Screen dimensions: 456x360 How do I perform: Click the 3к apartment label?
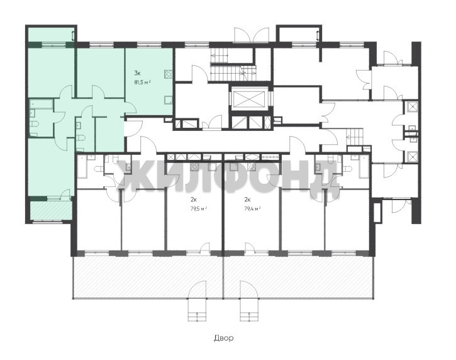coord(137,73)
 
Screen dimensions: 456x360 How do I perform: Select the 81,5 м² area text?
coord(142,82)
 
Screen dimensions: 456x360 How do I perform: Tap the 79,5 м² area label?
coord(199,208)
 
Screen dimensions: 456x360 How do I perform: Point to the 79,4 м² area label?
coord(252,208)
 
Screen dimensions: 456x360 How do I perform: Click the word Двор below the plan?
coord(224,338)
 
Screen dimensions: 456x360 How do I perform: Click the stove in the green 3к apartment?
coord(169,74)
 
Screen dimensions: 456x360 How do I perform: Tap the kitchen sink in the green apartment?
coord(169,100)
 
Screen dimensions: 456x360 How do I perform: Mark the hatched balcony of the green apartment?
coord(51,210)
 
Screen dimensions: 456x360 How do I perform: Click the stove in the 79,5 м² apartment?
coord(194,167)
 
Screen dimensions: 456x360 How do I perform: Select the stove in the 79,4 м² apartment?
coord(252,167)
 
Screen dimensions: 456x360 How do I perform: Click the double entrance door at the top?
coord(252,35)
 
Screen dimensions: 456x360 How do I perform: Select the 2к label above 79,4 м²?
coord(247,200)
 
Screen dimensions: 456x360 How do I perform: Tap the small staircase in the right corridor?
coord(355,136)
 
